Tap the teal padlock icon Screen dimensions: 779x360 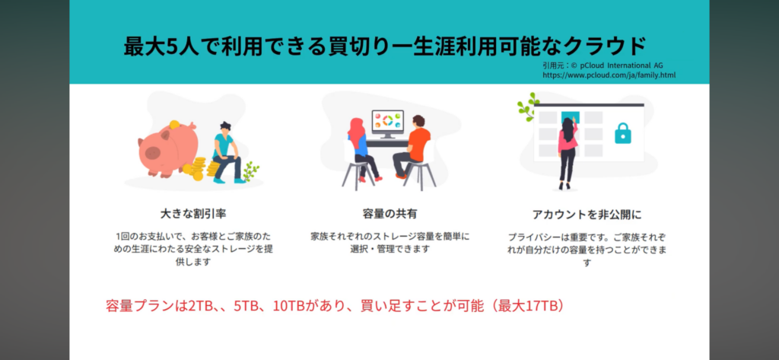[622, 133]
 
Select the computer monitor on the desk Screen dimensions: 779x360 [387, 123]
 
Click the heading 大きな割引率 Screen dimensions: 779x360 [193, 215]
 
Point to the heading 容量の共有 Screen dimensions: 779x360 [390, 215]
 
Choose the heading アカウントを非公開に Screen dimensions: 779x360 [587, 215]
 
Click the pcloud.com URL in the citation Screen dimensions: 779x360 [609, 75]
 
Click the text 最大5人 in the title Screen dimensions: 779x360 [156, 46]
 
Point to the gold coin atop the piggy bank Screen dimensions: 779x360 [174, 124]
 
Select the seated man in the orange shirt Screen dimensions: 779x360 [410, 147]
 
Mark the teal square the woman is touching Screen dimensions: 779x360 [570, 117]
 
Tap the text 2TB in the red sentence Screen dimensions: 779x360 [199, 306]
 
